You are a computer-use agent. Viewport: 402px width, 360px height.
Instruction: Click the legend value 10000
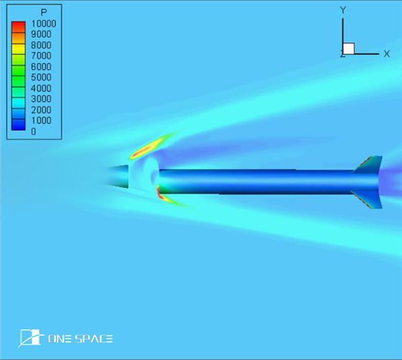pos(44,23)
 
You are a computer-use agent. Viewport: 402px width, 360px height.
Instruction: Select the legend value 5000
pos(41,77)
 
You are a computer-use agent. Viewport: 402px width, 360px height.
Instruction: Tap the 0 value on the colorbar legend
pos(33,131)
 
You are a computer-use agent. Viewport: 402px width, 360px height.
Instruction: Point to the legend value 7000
pos(41,56)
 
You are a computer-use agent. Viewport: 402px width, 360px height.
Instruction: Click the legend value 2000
pos(41,110)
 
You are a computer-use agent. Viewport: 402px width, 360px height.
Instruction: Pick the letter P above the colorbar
pos(44,12)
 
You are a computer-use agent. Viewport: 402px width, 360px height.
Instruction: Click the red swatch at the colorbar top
pos(19,27)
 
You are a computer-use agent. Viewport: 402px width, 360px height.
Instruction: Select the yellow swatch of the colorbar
pos(19,49)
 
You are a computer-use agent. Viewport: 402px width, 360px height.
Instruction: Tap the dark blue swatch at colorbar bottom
pos(19,125)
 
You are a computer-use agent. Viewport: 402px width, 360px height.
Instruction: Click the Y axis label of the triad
pos(343,10)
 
